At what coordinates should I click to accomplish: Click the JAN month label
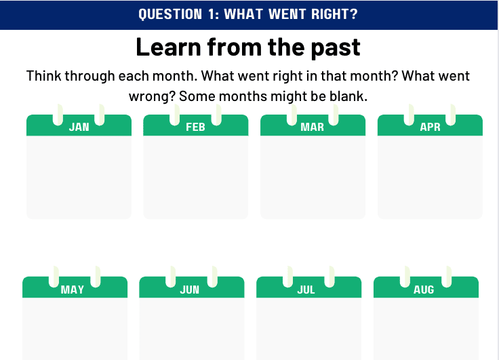click(x=79, y=127)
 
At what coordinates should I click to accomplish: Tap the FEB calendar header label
click(x=195, y=127)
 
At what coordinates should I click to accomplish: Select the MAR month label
click(x=312, y=127)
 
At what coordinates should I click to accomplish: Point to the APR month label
click(x=430, y=127)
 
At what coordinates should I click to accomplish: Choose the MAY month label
click(x=73, y=289)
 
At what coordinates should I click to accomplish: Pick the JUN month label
click(x=189, y=289)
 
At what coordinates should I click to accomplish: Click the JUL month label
click(x=306, y=289)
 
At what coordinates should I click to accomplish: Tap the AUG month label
click(x=424, y=289)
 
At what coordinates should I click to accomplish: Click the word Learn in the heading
click(x=168, y=47)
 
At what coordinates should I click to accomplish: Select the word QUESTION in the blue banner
click(x=170, y=14)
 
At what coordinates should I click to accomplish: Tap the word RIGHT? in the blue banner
click(x=334, y=14)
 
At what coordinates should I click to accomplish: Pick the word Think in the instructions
click(x=43, y=76)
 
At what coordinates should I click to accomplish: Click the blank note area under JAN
click(x=79, y=178)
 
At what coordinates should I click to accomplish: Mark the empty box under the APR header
click(x=430, y=178)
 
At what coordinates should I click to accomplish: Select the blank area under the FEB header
click(x=196, y=178)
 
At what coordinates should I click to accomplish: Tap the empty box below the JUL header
click(x=308, y=329)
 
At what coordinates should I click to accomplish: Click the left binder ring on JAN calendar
click(x=58, y=115)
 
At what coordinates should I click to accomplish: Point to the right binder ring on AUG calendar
click(x=447, y=277)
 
